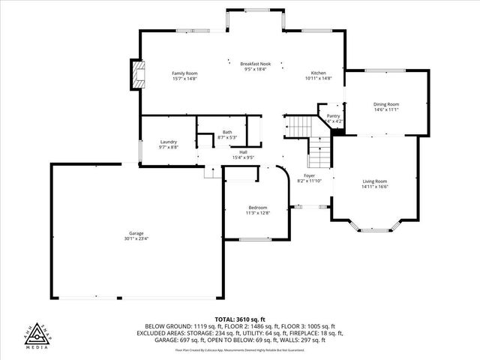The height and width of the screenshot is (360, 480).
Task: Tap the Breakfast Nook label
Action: tap(254, 64)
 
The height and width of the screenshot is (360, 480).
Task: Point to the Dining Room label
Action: tap(386, 104)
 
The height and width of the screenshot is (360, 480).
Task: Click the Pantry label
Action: tap(334, 115)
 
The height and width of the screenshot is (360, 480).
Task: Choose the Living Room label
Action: tap(374, 181)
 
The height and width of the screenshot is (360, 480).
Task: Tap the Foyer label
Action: tap(309, 175)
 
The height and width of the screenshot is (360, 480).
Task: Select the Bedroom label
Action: tap(257, 208)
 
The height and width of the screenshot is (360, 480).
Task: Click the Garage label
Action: tap(136, 233)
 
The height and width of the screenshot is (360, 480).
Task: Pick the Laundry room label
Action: tap(168, 142)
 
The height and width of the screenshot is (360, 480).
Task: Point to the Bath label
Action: tap(226, 132)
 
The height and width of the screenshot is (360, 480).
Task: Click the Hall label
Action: tap(244, 152)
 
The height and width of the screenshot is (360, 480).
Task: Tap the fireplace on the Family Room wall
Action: tap(136, 75)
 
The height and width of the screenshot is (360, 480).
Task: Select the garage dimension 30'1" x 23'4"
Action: tap(136, 238)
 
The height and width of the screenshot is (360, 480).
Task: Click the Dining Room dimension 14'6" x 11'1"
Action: tap(386, 109)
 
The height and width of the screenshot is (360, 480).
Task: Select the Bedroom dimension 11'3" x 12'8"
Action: tap(257, 213)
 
